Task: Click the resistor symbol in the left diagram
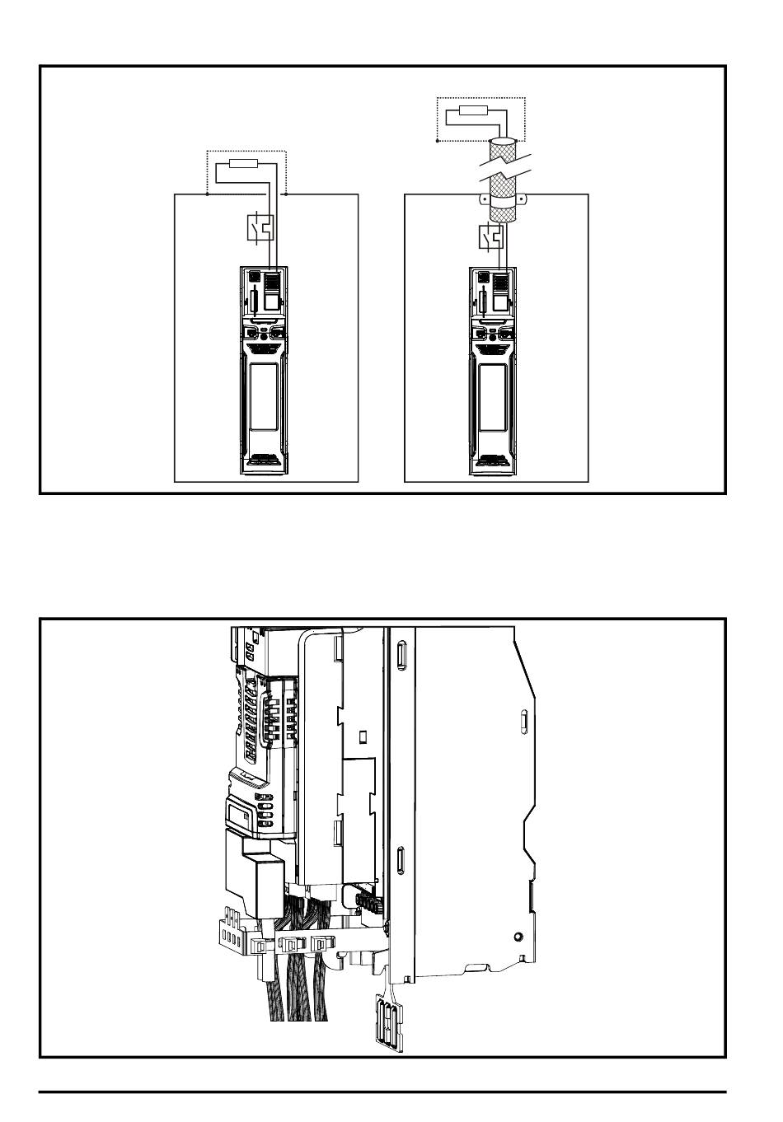point(245,165)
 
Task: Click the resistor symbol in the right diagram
point(474,111)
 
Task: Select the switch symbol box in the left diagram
point(260,227)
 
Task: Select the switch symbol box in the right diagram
point(490,238)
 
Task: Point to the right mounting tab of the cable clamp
point(526,198)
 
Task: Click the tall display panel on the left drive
point(265,398)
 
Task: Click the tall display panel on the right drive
point(495,398)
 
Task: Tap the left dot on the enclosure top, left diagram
point(206,195)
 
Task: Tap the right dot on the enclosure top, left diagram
point(285,195)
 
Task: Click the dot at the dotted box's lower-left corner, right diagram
point(437,141)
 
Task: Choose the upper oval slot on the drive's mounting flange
point(401,656)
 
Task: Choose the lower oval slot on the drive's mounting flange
point(400,861)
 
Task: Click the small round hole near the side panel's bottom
point(517,936)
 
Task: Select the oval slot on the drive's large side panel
point(523,722)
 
